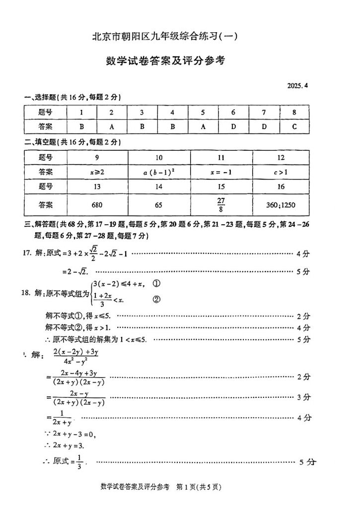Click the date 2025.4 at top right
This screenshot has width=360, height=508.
pyautogui.click(x=297, y=85)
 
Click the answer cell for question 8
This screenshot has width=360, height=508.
pyautogui.click(x=294, y=126)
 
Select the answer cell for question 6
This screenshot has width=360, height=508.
pyautogui.click(x=233, y=126)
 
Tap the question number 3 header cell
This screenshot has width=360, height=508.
pyautogui.click(x=142, y=112)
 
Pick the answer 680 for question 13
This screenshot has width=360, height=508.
pyautogui.click(x=97, y=204)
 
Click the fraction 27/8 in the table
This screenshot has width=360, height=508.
pyautogui.click(x=221, y=204)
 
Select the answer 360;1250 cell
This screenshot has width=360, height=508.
pyautogui.click(x=281, y=204)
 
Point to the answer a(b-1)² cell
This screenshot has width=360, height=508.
pyautogui.click(x=159, y=172)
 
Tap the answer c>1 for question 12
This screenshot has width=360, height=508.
pyautogui.click(x=281, y=172)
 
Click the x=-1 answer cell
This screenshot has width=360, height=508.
pyautogui.click(x=221, y=172)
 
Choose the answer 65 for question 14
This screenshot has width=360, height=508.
pyautogui.click(x=159, y=204)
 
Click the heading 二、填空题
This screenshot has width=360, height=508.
pyautogui.click(x=41, y=142)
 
